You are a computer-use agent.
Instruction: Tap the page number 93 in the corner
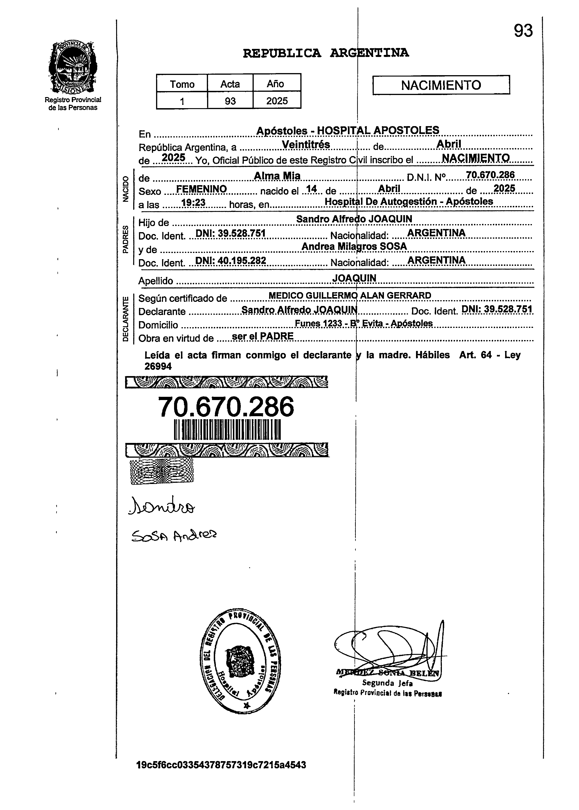point(523,31)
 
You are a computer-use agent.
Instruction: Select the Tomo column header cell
point(182,84)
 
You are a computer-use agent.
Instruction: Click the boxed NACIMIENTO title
point(441,85)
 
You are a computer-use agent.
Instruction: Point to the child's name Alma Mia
point(277,176)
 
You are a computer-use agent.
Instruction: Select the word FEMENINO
point(202,189)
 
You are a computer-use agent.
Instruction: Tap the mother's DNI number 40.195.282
point(231,261)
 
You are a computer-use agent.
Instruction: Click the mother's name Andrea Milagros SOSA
point(354,246)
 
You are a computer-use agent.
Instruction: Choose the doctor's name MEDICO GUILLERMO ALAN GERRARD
point(349,296)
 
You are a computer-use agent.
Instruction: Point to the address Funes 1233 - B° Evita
point(363,323)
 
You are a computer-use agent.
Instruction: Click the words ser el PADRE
point(262,336)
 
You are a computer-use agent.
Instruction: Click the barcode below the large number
point(227,430)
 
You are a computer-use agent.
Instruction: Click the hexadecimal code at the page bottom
point(221,765)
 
